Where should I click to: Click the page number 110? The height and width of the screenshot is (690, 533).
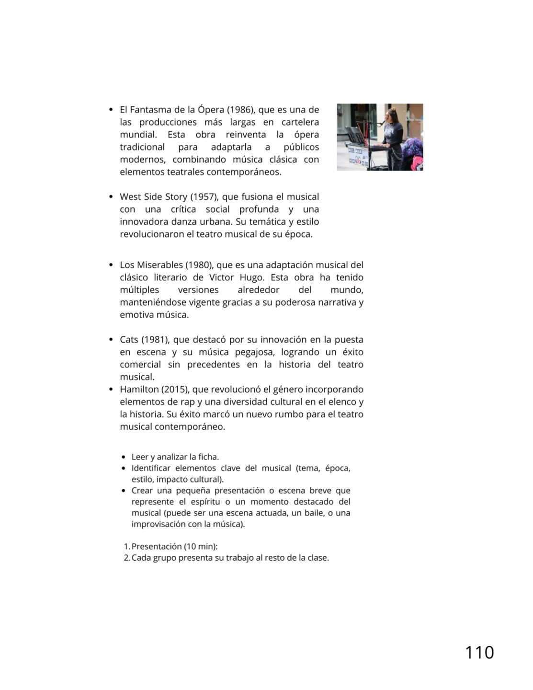click(479, 653)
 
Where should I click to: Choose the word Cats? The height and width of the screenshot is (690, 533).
click(129, 340)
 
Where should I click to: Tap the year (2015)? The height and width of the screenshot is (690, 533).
click(175, 390)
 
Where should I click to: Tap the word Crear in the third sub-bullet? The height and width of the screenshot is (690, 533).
click(142, 491)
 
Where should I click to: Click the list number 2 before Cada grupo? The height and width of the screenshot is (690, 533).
click(126, 558)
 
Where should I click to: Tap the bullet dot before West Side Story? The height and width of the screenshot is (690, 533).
click(111, 197)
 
